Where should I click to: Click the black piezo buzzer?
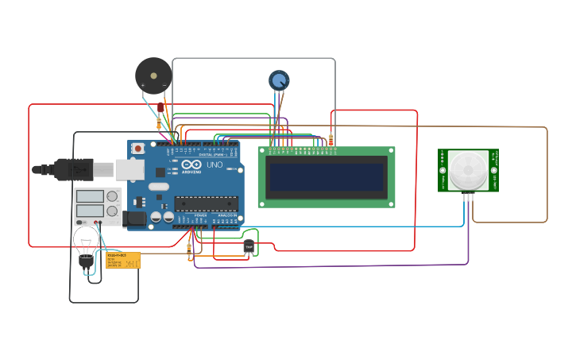153,76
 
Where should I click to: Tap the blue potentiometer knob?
279,79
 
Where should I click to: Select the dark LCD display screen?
327,176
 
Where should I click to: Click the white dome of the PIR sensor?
468,168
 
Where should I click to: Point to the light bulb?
86,242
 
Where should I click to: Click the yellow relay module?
123,260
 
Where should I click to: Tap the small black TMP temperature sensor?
249,247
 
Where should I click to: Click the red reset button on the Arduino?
138,149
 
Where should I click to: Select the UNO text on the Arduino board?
215,165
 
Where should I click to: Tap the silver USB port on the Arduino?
130,169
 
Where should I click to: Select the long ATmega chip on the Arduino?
206,204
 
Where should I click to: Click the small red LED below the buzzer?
160,107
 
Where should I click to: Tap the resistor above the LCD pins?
331,140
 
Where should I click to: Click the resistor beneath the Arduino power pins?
189,251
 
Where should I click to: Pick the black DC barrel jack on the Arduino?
136,218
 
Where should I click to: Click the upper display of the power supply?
89,196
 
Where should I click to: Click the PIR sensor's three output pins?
467,195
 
